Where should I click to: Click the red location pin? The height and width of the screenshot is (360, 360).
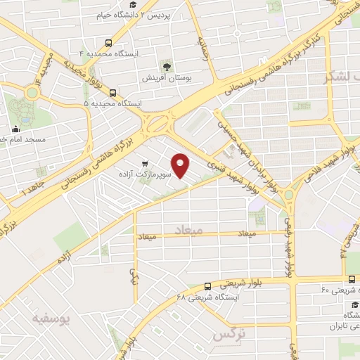[181, 165]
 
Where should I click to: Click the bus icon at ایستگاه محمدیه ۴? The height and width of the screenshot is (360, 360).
[108, 42]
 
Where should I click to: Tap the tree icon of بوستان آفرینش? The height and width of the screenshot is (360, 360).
[167, 65]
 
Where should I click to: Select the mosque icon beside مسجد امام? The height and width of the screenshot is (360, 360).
[15, 129]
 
